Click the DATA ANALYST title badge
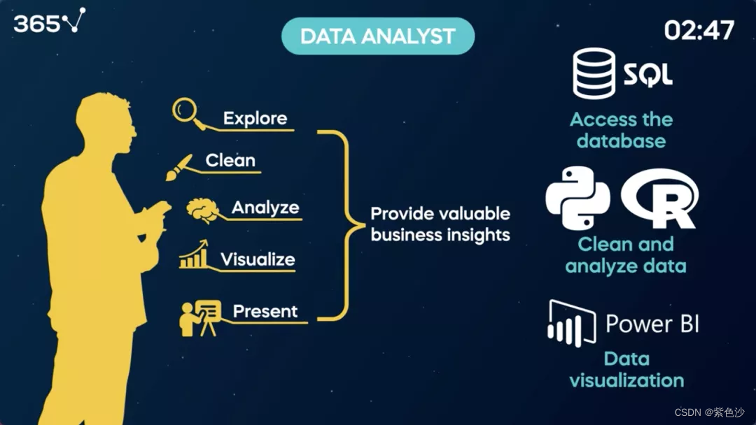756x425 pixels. point(377,36)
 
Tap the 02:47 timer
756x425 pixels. point(699,30)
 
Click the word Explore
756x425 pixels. point(255,118)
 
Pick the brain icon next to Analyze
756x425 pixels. point(203,209)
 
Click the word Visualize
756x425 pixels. point(258,259)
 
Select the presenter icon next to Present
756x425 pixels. point(199,317)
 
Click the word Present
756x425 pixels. point(265,311)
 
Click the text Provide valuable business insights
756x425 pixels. point(440,224)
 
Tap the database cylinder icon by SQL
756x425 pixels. point(594,73)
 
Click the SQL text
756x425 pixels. point(648,73)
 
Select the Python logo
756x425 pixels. point(577,198)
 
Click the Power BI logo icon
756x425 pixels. point(570,323)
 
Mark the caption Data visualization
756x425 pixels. point(626,370)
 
